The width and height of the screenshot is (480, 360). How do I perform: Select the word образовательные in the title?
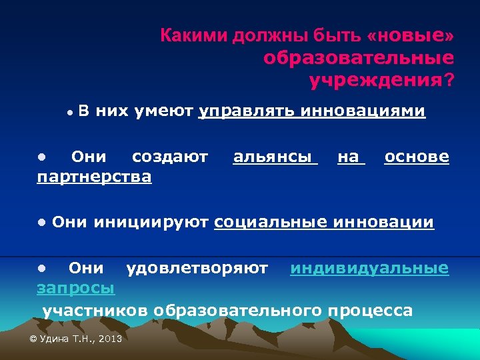359,58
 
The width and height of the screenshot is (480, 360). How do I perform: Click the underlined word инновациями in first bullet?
363,111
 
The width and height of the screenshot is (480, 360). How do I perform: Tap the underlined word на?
349,157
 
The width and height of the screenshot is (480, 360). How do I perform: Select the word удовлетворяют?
197,268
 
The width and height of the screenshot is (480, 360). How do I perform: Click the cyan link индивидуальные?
369,268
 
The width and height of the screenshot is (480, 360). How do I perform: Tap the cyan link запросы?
75,288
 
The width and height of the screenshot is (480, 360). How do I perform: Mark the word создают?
170,157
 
